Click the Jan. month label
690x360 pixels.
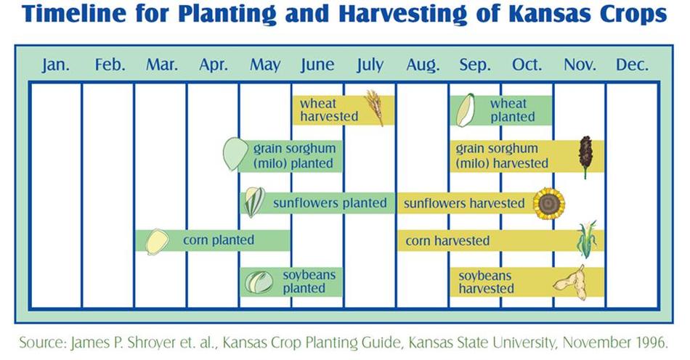[x=56, y=65]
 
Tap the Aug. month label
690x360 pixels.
[x=423, y=65]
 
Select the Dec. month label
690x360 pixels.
[x=632, y=65]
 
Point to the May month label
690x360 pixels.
[x=265, y=65]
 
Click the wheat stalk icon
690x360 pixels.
[x=375, y=107]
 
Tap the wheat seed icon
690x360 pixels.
[x=465, y=110]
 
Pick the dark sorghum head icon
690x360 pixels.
[x=585, y=156]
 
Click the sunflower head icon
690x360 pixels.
[x=549, y=203]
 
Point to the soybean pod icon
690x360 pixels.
[x=570, y=282]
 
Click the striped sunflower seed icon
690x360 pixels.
[x=254, y=202]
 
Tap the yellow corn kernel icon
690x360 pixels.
[x=157, y=241]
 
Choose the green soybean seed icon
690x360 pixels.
[x=259, y=282]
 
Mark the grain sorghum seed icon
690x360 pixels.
[x=235, y=153]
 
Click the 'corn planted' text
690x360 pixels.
[x=219, y=240]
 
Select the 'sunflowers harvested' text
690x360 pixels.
[x=464, y=203]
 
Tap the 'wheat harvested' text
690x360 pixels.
[x=329, y=110]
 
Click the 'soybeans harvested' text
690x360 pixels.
[x=486, y=282]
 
